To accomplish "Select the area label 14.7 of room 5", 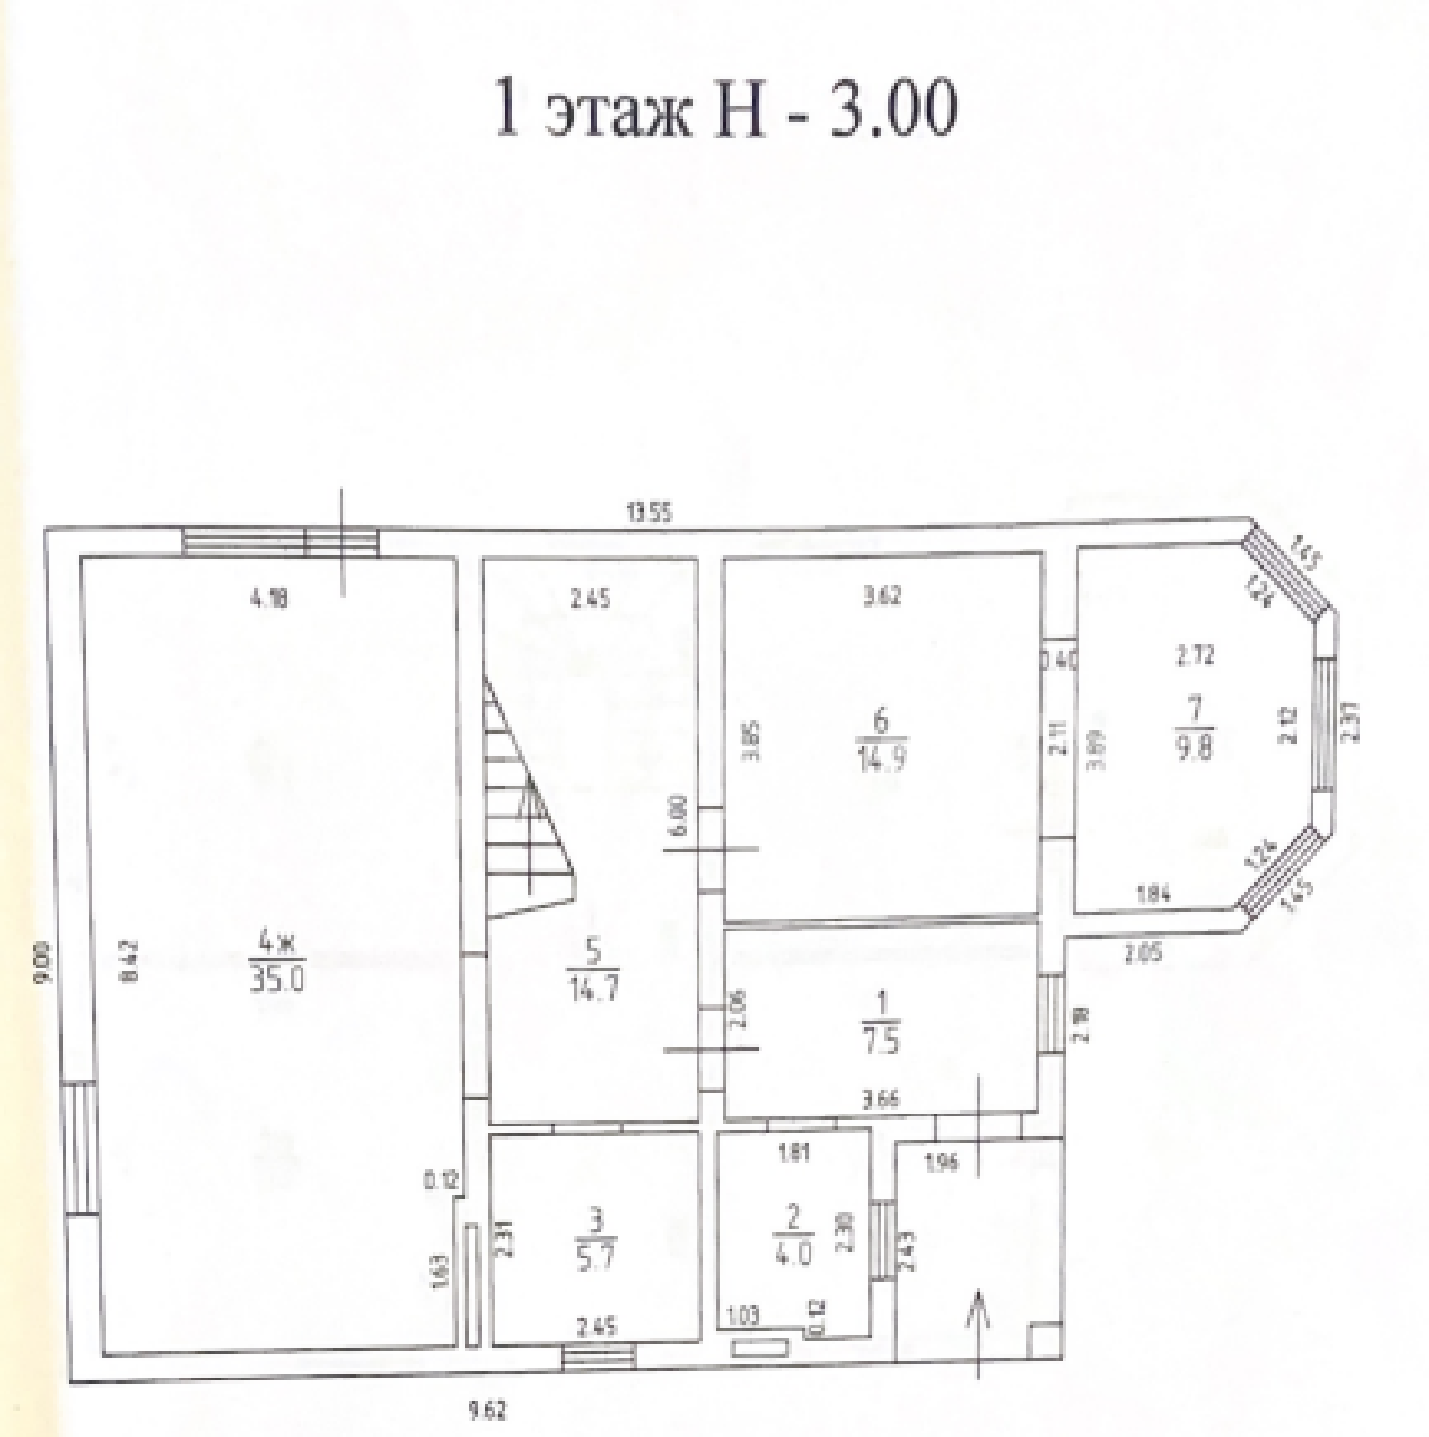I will pyautogui.click(x=593, y=990).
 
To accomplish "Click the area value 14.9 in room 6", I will pyautogui.click(x=881, y=760).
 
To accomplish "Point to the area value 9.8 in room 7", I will pyautogui.click(x=1199, y=745).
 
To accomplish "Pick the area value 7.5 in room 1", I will pyautogui.click(x=881, y=1041).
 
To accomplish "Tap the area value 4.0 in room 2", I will pyautogui.click(x=793, y=1253).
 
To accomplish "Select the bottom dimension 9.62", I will pyautogui.click(x=487, y=1411).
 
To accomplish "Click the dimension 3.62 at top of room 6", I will pyautogui.click(x=882, y=594).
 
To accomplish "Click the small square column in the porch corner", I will pyautogui.click(x=1045, y=1339).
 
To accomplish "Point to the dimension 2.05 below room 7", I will pyautogui.click(x=1143, y=954).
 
